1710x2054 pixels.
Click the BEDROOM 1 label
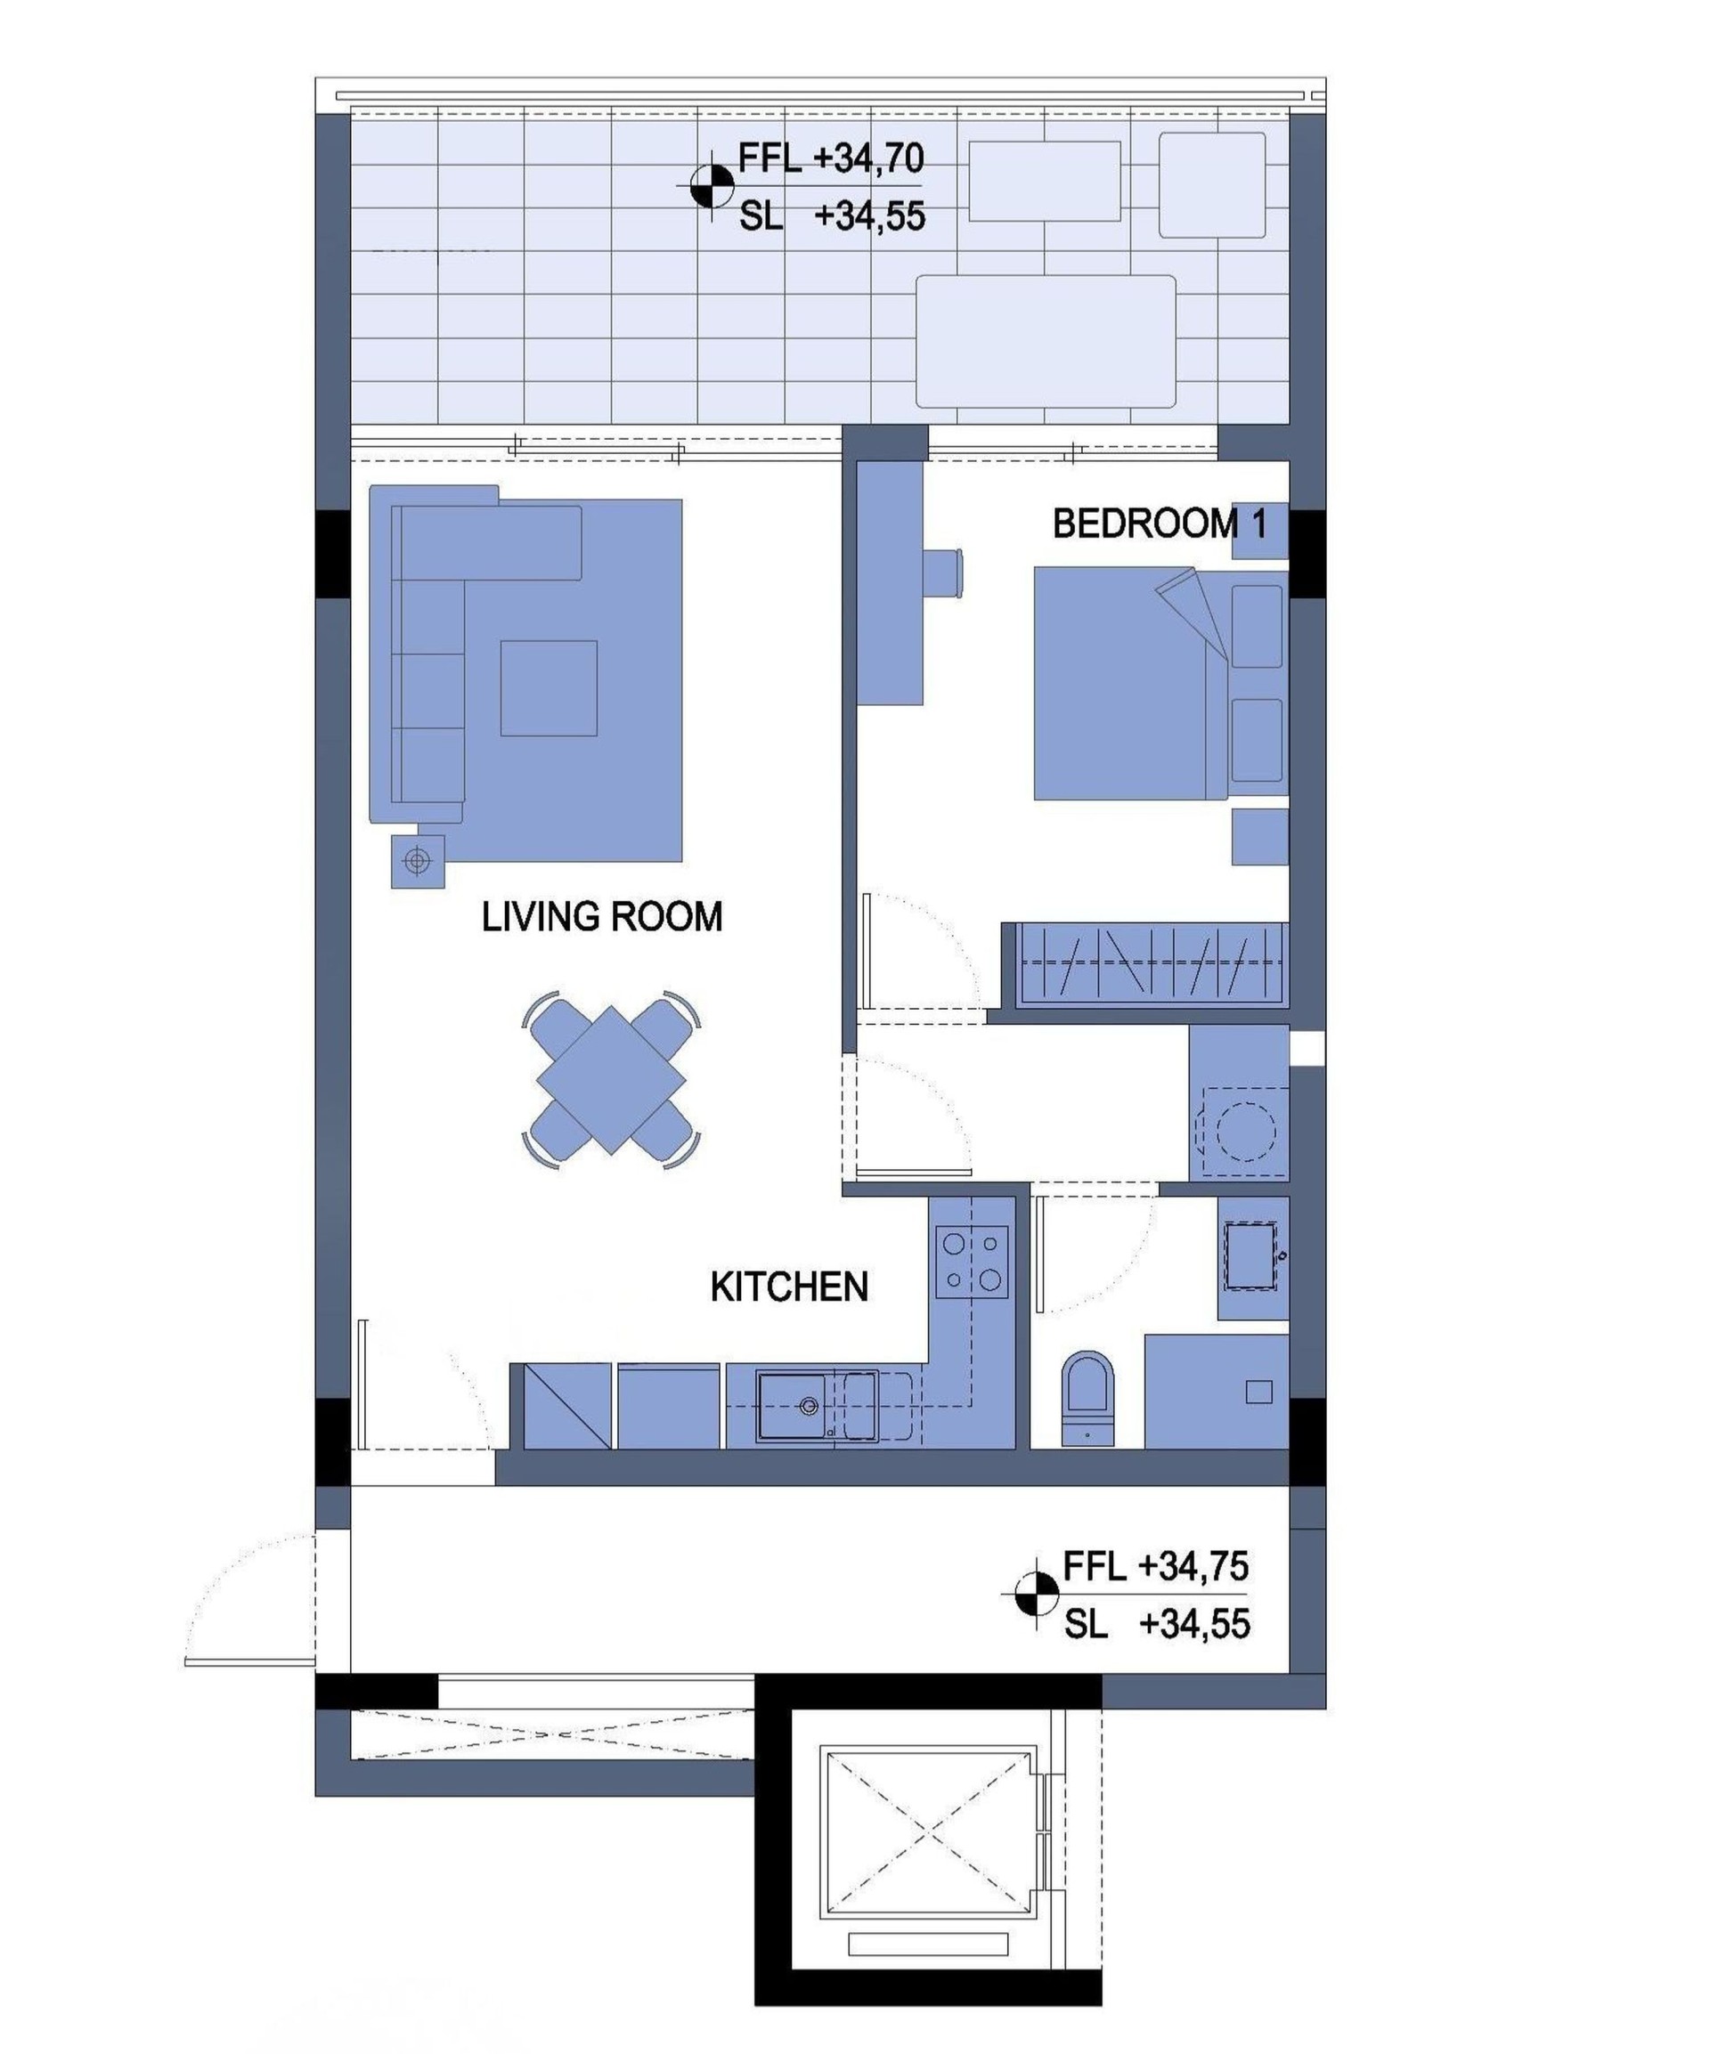pyautogui.click(x=1160, y=524)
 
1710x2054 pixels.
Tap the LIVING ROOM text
pyautogui.click(x=602, y=916)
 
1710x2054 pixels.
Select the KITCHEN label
pyautogui.click(x=788, y=1287)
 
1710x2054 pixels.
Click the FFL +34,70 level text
pyautogui.click(x=831, y=158)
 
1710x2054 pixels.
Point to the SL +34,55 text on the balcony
pyautogui.click(x=832, y=216)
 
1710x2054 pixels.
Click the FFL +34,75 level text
pyautogui.click(x=1155, y=1566)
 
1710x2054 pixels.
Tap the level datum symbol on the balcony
pyautogui.click(x=712, y=186)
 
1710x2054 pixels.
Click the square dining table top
pyautogui.click(x=611, y=1080)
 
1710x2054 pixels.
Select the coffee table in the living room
pyautogui.click(x=549, y=687)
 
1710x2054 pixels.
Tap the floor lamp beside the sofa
pyautogui.click(x=418, y=861)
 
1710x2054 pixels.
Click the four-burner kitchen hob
pyautogui.click(x=972, y=1261)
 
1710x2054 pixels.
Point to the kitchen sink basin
pyautogui.click(x=793, y=1406)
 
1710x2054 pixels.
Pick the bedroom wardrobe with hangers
pyautogui.click(x=1152, y=963)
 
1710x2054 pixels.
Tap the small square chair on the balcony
pyautogui.click(x=1212, y=185)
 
